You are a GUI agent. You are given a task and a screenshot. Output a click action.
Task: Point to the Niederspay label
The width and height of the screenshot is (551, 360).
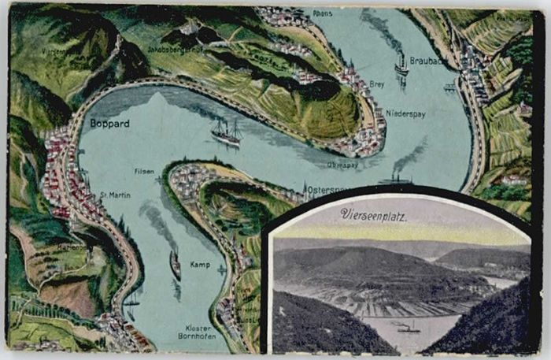click(x=406, y=114)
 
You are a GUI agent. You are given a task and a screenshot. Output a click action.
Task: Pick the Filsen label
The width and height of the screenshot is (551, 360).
click(x=143, y=171)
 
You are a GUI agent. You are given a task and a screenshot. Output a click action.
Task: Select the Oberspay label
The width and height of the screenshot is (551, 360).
click(x=342, y=165)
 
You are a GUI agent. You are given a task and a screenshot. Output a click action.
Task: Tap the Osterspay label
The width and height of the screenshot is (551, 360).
click(x=323, y=190)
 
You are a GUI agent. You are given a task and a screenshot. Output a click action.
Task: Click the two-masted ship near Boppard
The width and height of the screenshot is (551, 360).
click(x=226, y=132)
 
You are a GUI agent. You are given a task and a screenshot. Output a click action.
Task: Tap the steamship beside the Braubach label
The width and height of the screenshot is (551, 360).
click(x=402, y=66)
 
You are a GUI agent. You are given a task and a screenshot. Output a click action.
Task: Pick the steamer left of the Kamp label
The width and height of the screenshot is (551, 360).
click(x=175, y=265)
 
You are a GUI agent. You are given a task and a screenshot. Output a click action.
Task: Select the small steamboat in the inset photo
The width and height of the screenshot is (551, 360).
click(x=408, y=327)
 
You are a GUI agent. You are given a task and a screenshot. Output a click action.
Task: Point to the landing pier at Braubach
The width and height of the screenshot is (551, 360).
click(x=450, y=87)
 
